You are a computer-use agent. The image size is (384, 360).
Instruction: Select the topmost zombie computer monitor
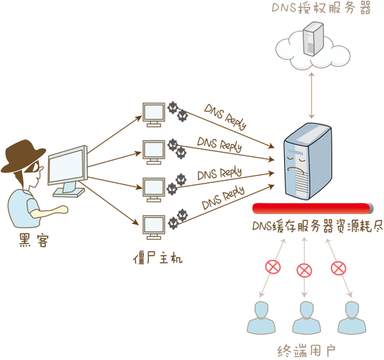coord(152,114)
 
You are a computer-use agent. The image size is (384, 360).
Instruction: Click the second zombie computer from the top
coord(152,150)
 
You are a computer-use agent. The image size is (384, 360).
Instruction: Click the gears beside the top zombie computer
coord(178,109)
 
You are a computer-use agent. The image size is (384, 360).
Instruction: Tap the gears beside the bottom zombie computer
coord(178,217)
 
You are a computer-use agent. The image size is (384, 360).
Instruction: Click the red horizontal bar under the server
coord(312,209)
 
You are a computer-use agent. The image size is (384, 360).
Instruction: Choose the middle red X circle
coord(305,271)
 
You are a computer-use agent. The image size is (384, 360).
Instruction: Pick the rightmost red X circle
coord(338,269)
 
